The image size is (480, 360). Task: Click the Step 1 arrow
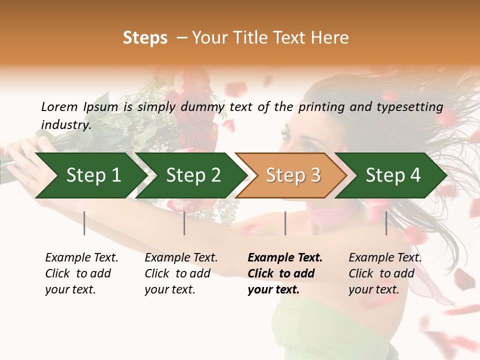(90, 175)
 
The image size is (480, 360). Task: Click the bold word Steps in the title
(145, 38)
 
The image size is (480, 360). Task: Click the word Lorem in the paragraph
(59, 106)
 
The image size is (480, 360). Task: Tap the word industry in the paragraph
(65, 124)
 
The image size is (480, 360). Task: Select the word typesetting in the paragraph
(407, 106)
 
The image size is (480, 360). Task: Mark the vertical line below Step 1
(84, 223)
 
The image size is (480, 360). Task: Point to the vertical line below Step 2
(184, 223)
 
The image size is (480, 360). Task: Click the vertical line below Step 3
(285, 223)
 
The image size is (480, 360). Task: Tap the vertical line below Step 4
(386, 223)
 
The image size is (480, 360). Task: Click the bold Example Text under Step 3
(285, 257)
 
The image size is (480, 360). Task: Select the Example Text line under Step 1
(81, 257)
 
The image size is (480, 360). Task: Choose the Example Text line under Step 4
(385, 257)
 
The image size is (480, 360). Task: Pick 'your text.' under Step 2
(170, 289)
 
